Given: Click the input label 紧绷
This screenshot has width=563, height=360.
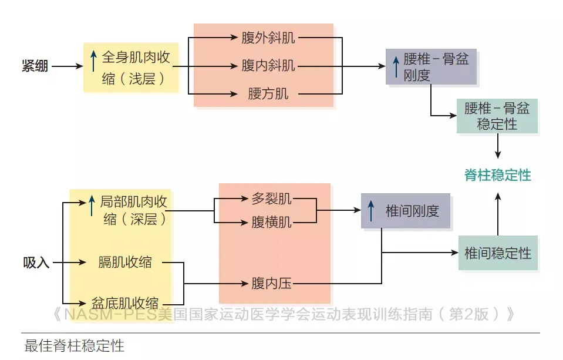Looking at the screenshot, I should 35,66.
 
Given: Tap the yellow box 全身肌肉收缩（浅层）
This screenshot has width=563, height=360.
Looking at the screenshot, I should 130,67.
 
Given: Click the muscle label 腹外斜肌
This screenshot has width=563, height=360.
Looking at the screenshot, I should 268,38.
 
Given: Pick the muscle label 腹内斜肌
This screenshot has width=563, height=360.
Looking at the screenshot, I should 268,65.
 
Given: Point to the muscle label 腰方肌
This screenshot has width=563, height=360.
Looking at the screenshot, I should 268,93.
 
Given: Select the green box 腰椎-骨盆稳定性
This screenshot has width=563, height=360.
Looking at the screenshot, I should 497,116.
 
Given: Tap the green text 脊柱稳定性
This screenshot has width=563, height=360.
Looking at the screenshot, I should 497,175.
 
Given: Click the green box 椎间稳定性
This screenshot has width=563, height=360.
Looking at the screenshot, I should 497,253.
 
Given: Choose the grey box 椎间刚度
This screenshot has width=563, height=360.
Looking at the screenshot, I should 406,211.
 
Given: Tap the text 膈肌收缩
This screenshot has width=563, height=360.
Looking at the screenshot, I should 125,263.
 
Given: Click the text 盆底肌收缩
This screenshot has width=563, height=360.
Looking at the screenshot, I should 125,302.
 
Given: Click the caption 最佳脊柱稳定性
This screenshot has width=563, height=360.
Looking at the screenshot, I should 75,345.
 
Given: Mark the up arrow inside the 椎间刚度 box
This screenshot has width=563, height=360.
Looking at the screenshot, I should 370,211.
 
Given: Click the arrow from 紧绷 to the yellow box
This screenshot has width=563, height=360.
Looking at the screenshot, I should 68,66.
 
